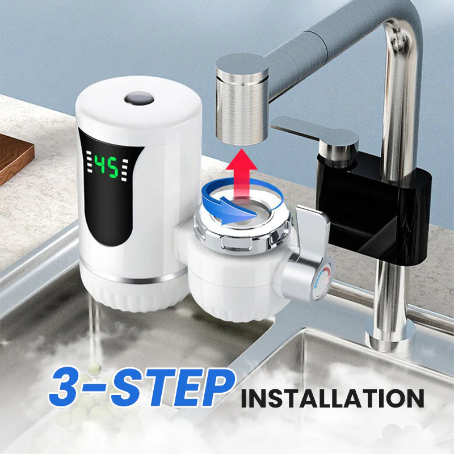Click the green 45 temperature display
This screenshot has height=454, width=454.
[x=106, y=166]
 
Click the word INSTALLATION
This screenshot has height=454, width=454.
[x=332, y=398]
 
